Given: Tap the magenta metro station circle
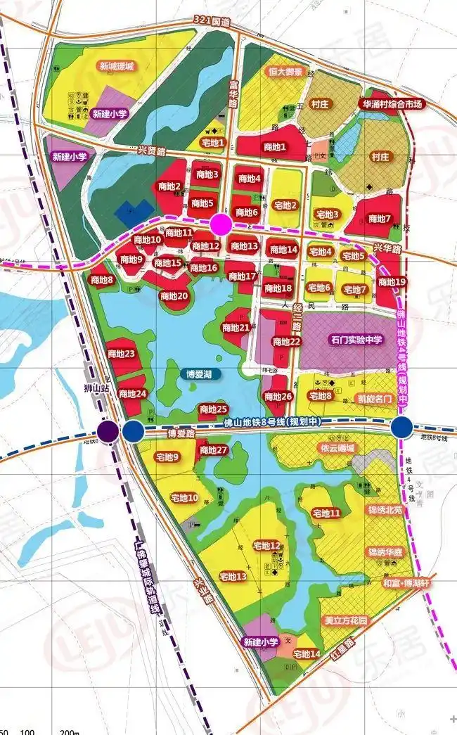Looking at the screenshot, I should coord(221,225).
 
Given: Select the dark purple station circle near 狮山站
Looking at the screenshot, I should coord(108,430).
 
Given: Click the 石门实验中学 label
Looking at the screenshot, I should coord(356,340).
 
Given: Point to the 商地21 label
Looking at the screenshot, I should coord(236,328).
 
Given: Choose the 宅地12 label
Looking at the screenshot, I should coord(266,546).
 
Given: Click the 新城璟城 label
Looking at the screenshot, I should coord(116,66).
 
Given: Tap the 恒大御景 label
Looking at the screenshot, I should coord(265,72).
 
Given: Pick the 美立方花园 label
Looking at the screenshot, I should coord(345,621).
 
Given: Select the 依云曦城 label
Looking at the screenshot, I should coord(336,448).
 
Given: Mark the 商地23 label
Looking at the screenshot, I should coord(121,353).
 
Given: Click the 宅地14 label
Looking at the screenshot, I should coord(307,654).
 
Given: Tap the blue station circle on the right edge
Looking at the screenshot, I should coord(402,426).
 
